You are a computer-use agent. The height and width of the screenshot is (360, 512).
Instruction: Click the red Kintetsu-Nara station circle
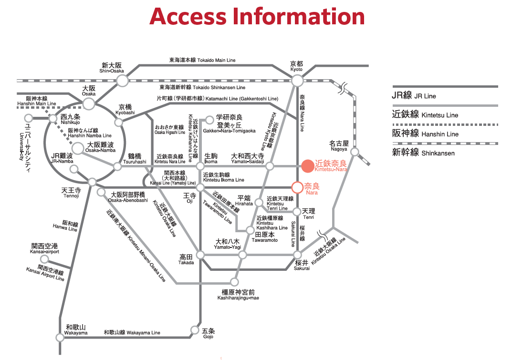(308, 166)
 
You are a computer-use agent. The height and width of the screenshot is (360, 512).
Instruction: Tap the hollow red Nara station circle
(297, 187)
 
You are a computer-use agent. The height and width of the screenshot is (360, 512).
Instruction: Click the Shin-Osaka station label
(111, 68)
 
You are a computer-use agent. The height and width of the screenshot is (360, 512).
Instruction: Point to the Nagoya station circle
(355, 152)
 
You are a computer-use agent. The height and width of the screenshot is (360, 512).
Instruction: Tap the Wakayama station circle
(60, 338)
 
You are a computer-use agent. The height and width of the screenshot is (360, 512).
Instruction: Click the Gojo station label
(208, 333)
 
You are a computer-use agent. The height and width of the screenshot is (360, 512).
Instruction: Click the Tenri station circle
(297, 212)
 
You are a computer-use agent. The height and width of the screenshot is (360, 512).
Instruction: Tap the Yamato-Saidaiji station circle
(270, 166)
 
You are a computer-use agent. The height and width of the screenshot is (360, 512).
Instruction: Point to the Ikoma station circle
(200, 166)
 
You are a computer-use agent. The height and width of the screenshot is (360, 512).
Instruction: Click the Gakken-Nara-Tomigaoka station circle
(209, 120)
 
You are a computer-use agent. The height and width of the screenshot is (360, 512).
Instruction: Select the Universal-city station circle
(29, 118)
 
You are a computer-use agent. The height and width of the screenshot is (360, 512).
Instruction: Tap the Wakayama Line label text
(132, 332)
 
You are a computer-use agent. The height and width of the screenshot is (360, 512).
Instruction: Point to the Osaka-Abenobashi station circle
(101, 193)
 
